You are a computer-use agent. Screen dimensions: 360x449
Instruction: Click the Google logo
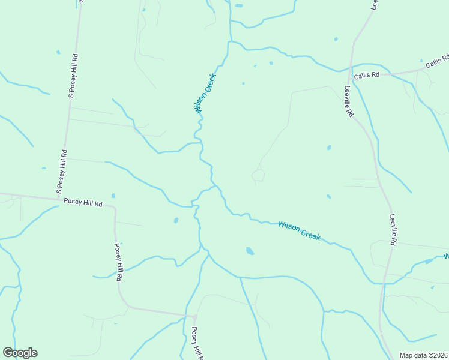tap(20, 353)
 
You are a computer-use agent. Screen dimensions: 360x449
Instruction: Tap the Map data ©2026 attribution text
tap(423, 355)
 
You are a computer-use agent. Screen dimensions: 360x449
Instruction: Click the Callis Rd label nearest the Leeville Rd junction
tap(367, 75)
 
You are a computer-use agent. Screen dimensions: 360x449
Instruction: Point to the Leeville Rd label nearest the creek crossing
tap(393, 230)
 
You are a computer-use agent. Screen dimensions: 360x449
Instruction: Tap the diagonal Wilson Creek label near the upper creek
tap(205, 94)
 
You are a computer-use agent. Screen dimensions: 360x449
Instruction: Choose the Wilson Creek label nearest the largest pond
tap(299, 231)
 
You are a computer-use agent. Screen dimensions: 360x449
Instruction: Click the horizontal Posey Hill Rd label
tap(83, 203)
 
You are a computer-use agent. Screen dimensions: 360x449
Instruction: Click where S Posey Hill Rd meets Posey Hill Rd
tap(58, 198)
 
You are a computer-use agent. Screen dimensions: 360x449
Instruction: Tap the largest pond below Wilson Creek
tap(250, 251)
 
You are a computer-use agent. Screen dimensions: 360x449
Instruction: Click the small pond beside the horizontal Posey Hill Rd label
tap(113, 196)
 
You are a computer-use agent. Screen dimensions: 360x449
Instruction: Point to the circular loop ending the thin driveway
tap(258, 175)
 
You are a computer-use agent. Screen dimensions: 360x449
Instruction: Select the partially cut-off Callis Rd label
tap(438, 61)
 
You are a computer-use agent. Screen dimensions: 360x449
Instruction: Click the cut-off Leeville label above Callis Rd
tap(373, 5)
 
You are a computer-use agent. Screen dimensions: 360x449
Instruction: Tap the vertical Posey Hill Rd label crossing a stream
tap(119, 263)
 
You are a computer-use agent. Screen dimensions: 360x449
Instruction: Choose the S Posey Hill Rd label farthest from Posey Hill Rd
tap(72, 76)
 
